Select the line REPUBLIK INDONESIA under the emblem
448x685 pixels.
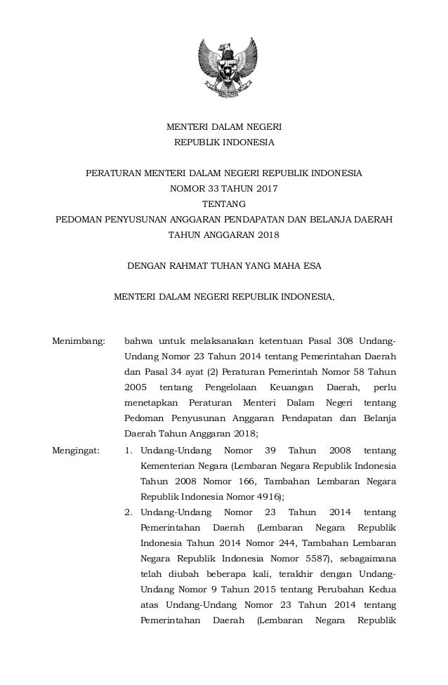(224, 142)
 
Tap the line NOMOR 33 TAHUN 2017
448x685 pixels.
(224, 188)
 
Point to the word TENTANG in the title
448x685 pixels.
(224, 204)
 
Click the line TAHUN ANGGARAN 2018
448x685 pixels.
(224, 234)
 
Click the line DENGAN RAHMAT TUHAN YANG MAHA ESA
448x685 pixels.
(224, 265)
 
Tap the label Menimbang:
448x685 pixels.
(79, 342)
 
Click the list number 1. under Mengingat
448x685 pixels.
(129, 450)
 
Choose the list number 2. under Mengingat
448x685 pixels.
(129, 512)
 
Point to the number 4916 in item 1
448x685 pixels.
(270, 496)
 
